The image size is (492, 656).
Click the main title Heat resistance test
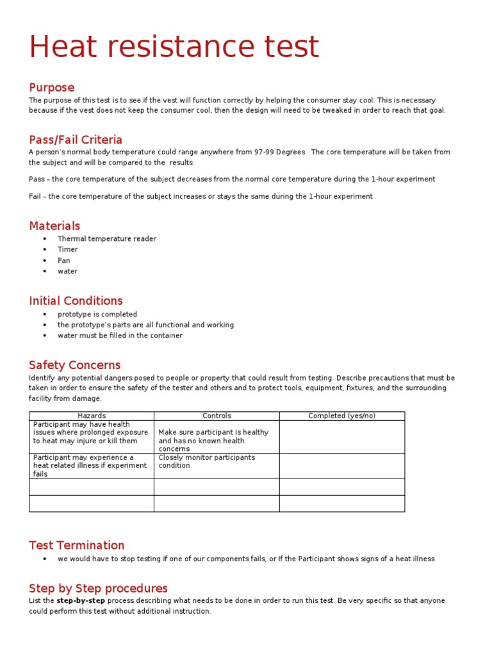pos(174,47)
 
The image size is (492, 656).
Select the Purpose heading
pos(51,87)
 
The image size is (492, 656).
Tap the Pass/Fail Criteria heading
pos(76,140)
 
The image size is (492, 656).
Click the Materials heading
pos(54,225)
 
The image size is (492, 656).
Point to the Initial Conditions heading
pos(76,300)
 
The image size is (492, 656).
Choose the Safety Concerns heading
pos(74,365)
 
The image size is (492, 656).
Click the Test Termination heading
pos(77,545)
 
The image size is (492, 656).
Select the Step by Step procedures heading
pos(98,588)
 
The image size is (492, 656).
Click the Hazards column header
pos(92,416)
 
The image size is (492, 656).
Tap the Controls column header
pos(217,416)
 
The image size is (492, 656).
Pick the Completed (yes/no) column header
pos(341,416)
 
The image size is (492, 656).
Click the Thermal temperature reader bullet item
pos(106,239)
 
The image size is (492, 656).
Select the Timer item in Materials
pos(68,250)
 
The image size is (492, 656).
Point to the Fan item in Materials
pos(64,261)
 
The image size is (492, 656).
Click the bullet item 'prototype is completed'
pos(97,315)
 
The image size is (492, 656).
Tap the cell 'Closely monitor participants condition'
pos(206,461)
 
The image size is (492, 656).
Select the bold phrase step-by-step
pos(81,601)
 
